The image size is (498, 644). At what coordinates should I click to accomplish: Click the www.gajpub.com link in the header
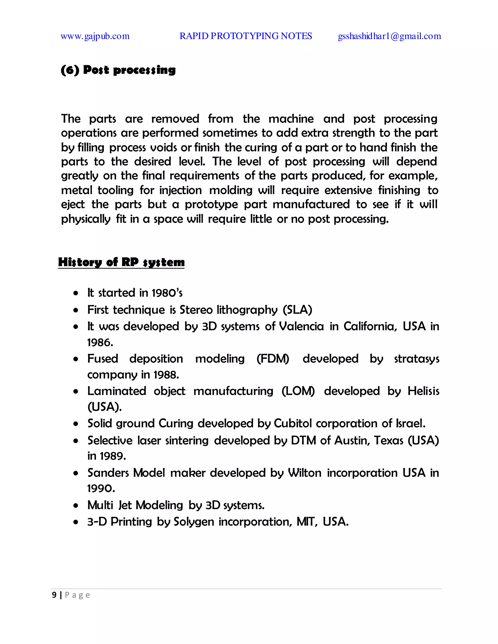coord(95,36)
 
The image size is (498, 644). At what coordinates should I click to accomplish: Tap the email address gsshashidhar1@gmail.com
coord(390,36)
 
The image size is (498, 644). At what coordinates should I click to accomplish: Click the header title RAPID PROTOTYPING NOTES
coord(246,36)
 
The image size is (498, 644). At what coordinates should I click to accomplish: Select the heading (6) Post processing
coord(118,70)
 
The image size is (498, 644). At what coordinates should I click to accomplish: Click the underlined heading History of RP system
coord(121,262)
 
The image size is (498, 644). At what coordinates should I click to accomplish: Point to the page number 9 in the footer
coord(54,595)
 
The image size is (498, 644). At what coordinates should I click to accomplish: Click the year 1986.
coord(100,343)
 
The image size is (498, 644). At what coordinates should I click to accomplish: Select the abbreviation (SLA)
coord(297,310)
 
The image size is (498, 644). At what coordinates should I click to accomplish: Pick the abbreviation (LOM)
coord(298,391)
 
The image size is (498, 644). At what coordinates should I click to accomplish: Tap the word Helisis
coord(423,391)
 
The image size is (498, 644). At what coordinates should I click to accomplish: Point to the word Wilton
coord(304,473)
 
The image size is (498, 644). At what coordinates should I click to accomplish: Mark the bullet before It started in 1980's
coord(76,293)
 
